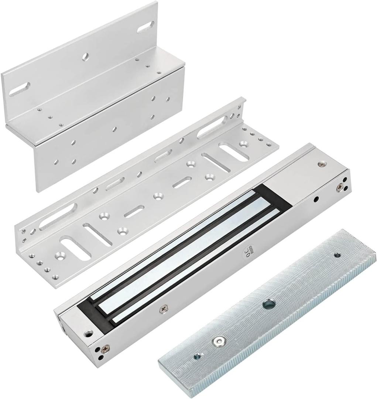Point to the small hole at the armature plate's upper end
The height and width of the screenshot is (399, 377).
(x=337, y=255)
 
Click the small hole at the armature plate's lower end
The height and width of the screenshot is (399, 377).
(x=198, y=357)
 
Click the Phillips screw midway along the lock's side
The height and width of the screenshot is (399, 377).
(x=164, y=307)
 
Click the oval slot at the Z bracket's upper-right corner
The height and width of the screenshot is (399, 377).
(x=146, y=27)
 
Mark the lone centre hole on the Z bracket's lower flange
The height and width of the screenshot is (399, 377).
(x=114, y=129)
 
